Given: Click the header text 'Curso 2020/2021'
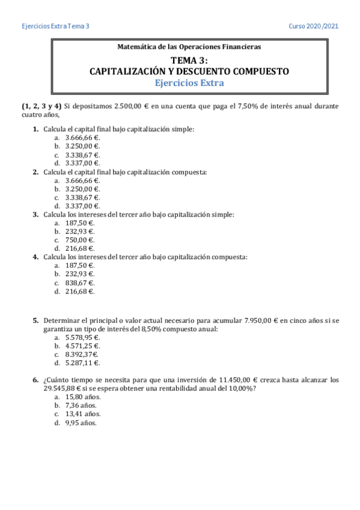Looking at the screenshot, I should click(314, 26).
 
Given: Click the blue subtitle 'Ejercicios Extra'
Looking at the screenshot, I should click(189, 83).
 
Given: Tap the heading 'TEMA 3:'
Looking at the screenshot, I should click(189, 60).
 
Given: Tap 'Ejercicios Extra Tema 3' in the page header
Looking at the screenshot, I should click(55, 26).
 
